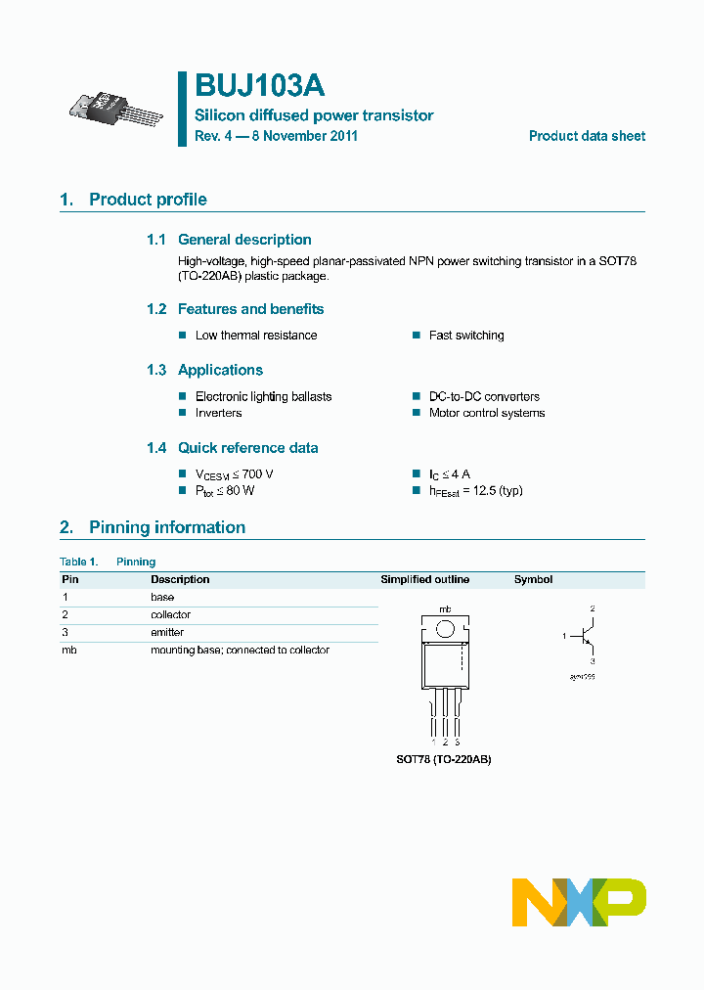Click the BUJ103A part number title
[x=259, y=86]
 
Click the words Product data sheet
[x=587, y=136]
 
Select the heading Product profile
[x=148, y=200]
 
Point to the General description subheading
[x=244, y=240]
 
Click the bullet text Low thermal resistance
[x=256, y=336]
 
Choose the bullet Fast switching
[x=466, y=336]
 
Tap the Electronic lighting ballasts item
[x=263, y=396]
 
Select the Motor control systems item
[x=486, y=413]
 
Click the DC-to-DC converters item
[x=484, y=396]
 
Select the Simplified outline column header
[x=424, y=579]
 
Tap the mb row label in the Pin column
[x=68, y=650]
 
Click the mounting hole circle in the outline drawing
[x=445, y=629]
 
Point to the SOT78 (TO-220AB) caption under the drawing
[x=445, y=759]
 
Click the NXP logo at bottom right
[x=579, y=902]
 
